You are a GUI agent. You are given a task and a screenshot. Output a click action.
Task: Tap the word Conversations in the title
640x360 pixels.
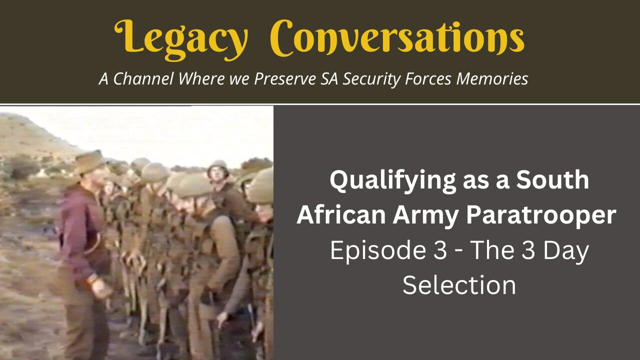click(397, 37)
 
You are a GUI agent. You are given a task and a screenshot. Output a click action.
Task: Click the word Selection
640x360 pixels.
click(459, 285)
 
